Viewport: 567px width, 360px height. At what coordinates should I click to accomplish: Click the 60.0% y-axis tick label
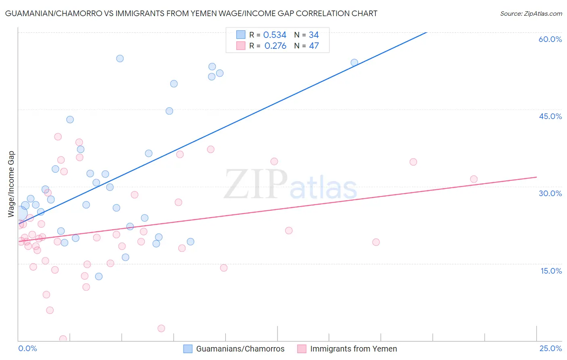click(550, 39)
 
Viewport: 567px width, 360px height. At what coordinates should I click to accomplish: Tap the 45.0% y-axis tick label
click(550, 116)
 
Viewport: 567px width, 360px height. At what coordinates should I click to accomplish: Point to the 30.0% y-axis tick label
click(550, 193)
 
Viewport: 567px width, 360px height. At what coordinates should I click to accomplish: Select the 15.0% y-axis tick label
click(551, 271)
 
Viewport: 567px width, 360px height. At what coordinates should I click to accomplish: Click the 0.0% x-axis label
click(27, 348)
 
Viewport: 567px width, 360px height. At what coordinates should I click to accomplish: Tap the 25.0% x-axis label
click(550, 348)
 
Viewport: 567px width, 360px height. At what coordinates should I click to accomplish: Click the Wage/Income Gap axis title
click(11, 184)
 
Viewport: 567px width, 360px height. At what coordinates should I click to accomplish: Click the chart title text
click(191, 13)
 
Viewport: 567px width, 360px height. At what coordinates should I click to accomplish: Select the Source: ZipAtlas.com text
click(531, 14)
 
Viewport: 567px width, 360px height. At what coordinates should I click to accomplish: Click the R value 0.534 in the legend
click(275, 35)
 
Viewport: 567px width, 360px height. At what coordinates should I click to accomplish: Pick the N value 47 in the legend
click(314, 46)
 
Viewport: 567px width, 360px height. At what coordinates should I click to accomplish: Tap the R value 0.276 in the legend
click(275, 46)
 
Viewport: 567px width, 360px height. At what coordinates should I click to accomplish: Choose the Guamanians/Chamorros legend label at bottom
click(240, 349)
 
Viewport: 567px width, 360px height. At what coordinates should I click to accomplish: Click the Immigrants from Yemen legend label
click(353, 349)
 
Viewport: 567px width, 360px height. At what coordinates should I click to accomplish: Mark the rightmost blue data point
click(354, 63)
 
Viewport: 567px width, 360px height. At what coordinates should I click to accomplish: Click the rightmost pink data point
click(474, 179)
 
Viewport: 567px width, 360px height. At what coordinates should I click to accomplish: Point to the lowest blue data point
click(99, 276)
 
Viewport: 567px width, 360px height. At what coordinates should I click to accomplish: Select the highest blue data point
click(120, 59)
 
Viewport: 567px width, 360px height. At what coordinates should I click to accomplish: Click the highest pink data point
click(58, 137)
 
